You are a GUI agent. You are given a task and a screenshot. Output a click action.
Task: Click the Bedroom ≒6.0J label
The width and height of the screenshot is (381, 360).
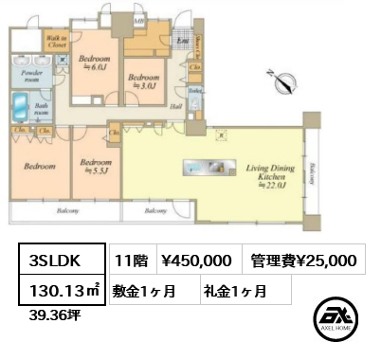click(x=95, y=61)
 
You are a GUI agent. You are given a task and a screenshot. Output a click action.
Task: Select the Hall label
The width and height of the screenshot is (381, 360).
click(x=176, y=108)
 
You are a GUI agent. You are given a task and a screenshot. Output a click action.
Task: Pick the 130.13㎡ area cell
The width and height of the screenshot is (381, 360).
click(x=62, y=291)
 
